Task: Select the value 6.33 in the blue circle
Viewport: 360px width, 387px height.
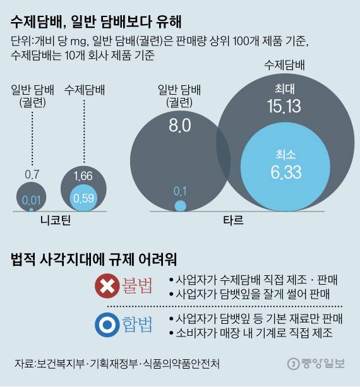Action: [x=285, y=170]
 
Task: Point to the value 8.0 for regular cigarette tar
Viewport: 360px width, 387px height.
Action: [x=179, y=125]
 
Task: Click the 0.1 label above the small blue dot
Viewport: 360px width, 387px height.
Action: [x=181, y=190]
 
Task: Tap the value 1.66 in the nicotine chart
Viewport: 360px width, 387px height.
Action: [x=83, y=176]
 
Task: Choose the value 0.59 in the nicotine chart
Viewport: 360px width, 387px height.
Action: [x=83, y=197]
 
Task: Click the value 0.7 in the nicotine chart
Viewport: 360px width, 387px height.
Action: [x=32, y=174]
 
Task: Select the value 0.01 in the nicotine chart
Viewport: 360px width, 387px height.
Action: [x=31, y=201]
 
